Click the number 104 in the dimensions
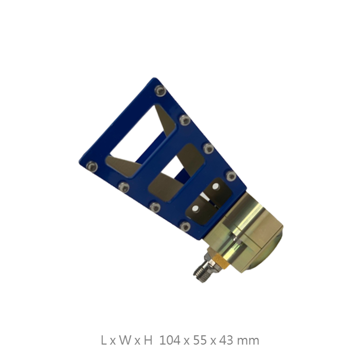[170, 340]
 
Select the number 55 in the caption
[200, 340]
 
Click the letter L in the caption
[103, 340]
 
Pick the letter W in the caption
[125, 340]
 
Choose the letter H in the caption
[148, 340]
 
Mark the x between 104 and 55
[187, 341]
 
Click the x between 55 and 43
[213, 341]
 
